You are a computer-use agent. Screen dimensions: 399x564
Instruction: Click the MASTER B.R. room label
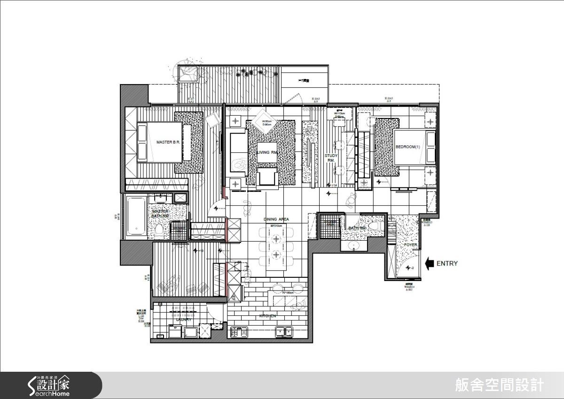[168, 141]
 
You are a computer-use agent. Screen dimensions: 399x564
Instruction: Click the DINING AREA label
[276, 219]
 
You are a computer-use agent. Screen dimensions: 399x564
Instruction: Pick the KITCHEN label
[267, 316]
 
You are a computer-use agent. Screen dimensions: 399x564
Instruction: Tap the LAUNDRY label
[184, 320]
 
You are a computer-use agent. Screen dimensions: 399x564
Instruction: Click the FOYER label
[410, 245]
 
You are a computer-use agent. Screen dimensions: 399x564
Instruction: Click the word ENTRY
[446, 264]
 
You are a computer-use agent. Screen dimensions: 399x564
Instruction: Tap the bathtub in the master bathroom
[136, 216]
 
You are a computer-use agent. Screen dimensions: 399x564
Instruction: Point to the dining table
[276, 247]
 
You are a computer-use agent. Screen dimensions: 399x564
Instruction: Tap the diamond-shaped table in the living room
[261, 124]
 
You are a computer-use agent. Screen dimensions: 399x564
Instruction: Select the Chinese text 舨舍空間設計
[499, 385]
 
